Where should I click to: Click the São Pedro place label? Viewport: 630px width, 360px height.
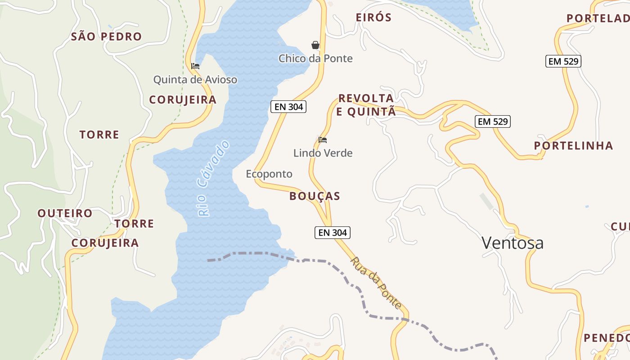(106, 36)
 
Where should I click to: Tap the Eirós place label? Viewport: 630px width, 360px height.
(373, 18)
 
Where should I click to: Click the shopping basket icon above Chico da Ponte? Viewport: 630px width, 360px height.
(315, 45)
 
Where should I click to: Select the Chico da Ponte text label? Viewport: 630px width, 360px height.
(315, 58)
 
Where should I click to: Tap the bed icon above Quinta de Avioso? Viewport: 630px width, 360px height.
(195, 66)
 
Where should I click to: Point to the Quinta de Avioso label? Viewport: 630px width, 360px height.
(195, 80)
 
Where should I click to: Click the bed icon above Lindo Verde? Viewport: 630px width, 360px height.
(323, 140)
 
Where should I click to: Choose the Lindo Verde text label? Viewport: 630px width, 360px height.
(323, 153)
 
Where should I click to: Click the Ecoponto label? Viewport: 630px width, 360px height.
(269, 174)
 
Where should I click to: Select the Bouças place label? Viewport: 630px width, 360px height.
(315, 196)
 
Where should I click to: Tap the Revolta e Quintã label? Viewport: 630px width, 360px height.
(366, 105)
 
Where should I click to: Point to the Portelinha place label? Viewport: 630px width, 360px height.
(573, 145)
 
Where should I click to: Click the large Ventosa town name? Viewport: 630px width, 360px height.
(513, 243)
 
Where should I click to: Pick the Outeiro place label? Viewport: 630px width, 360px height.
(65, 213)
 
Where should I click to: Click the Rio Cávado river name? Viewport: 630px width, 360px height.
(213, 178)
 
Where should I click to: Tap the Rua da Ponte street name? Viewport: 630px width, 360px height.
(376, 283)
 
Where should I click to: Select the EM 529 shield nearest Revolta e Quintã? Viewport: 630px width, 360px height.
(493, 121)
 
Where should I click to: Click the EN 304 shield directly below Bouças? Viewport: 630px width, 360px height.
(332, 233)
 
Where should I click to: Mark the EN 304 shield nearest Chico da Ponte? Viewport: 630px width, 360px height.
(288, 107)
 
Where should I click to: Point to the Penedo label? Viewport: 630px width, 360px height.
(606, 337)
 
